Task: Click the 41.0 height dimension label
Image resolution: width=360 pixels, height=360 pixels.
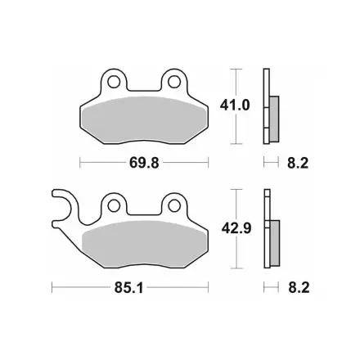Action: tap(235, 106)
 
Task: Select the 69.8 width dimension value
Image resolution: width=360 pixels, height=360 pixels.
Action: tap(144, 163)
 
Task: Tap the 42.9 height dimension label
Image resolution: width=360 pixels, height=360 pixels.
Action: tap(236, 228)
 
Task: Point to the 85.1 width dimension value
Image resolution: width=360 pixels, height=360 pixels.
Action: tap(128, 287)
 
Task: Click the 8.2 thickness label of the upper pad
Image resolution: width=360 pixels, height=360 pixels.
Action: tap(298, 163)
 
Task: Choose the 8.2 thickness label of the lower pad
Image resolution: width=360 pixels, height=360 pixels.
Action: tap(299, 287)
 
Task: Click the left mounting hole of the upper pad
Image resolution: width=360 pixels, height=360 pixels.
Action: tap(114, 81)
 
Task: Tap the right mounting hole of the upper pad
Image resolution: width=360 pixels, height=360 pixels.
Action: tap(174, 81)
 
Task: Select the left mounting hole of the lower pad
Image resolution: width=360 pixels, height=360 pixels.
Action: tap(114, 206)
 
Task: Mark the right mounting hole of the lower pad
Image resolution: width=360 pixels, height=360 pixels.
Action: tap(174, 206)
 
